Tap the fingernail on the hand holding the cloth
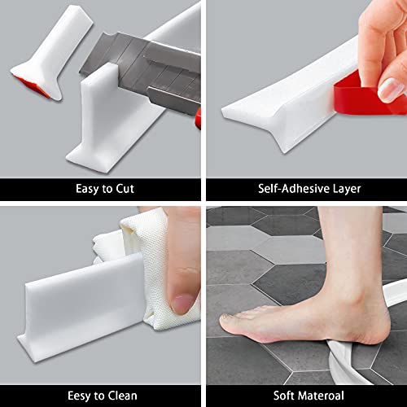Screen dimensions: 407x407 point(184,304)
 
